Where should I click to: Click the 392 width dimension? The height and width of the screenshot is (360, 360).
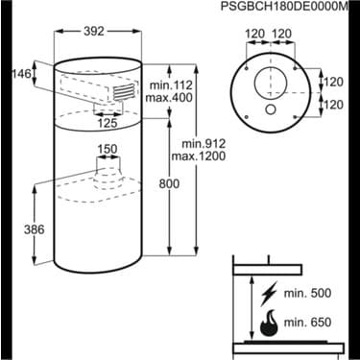(94, 31)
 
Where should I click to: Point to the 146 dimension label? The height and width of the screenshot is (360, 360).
(22, 74)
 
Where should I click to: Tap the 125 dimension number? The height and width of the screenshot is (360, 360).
(108, 123)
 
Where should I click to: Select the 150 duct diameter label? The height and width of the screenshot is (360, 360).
(108, 149)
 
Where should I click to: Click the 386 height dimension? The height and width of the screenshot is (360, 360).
(34, 229)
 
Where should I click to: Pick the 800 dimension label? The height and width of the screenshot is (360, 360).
(169, 183)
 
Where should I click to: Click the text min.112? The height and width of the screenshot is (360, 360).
(172, 85)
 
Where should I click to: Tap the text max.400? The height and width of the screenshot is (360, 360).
(169, 97)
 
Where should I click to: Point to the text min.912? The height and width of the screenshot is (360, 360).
(204, 143)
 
